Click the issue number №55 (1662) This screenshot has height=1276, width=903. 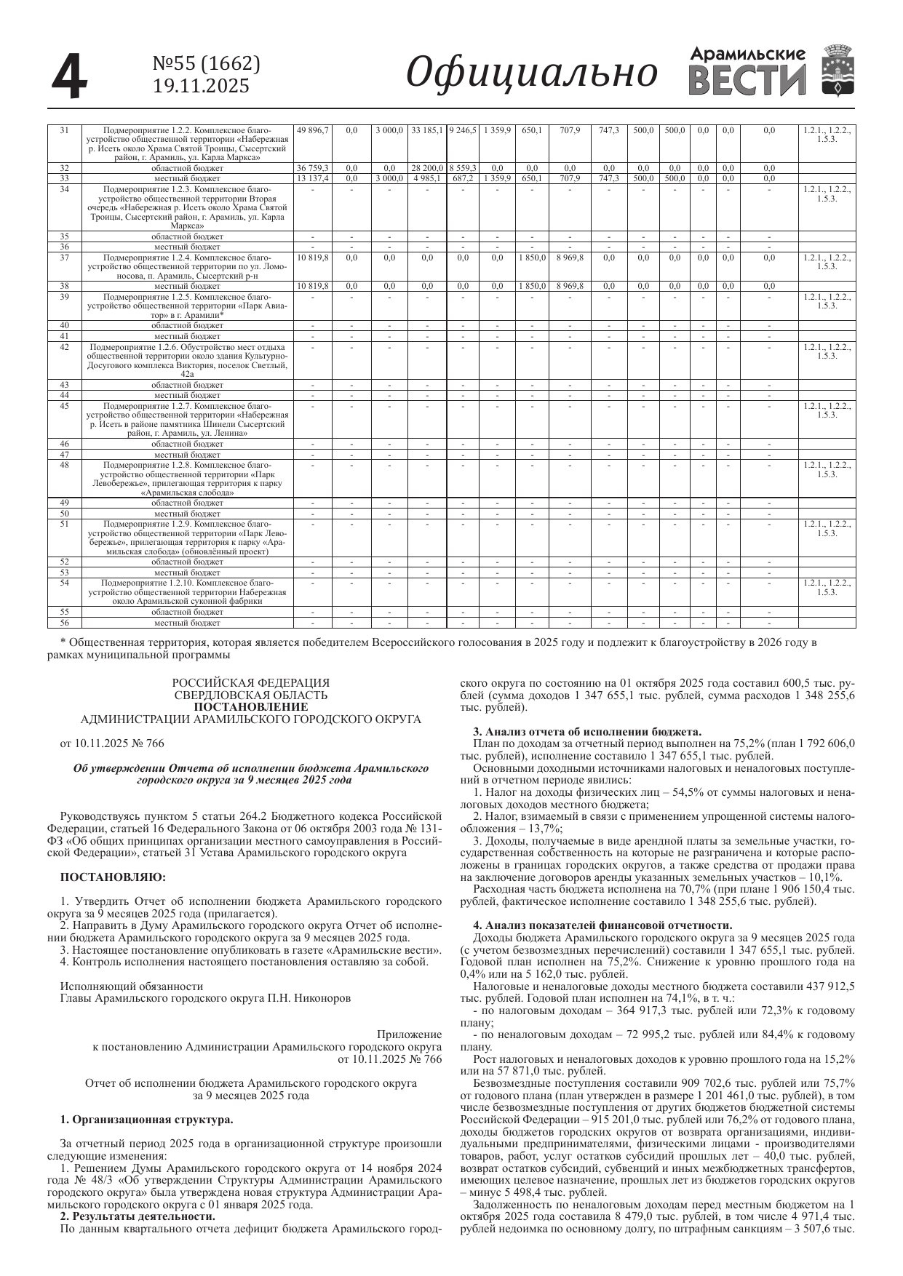click(x=206, y=65)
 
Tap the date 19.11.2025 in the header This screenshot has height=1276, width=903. click(x=201, y=86)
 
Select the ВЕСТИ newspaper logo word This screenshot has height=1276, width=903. click(x=747, y=80)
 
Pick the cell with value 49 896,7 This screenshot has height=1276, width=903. click(x=313, y=130)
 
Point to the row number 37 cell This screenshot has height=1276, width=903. click(x=64, y=258)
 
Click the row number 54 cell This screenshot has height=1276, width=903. click(x=64, y=583)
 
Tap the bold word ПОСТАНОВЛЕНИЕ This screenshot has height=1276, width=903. click(x=250, y=706)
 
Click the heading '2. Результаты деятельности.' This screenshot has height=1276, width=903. click(x=138, y=1216)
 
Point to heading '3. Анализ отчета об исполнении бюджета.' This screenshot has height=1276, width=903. click(x=587, y=731)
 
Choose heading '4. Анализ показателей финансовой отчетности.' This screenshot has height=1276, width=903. click(x=602, y=925)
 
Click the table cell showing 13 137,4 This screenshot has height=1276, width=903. click(x=313, y=178)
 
